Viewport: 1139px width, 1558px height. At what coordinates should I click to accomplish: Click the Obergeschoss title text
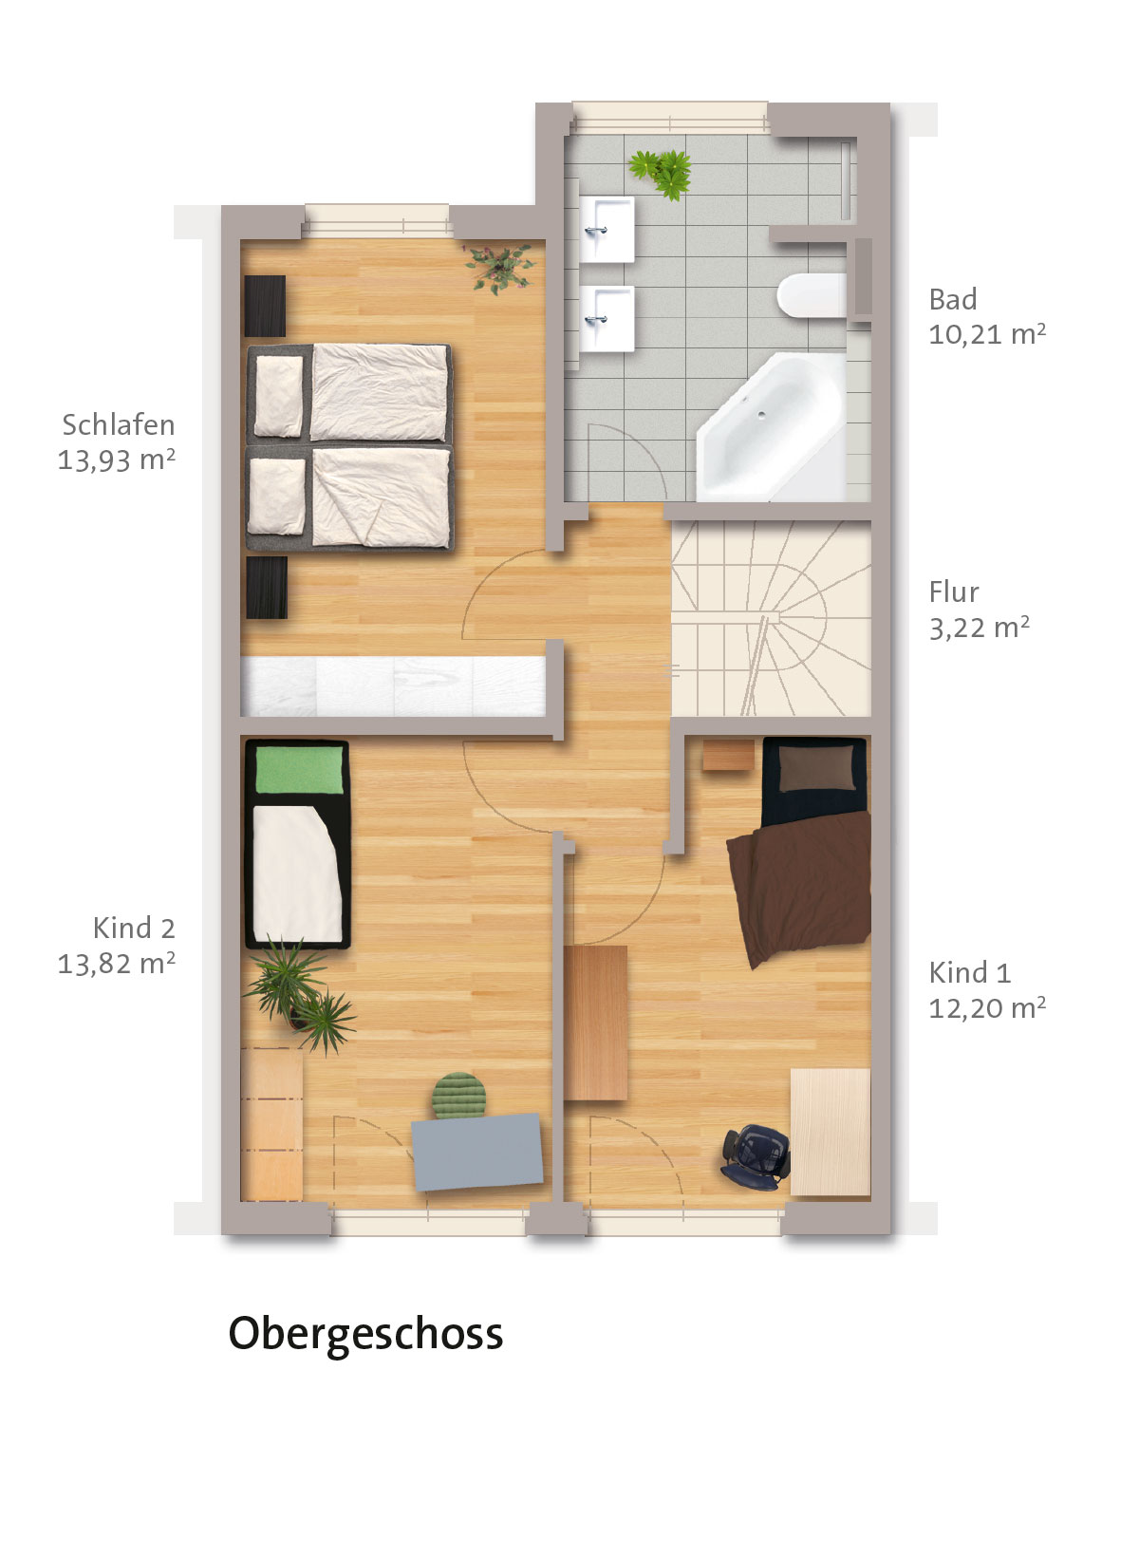(x=365, y=1334)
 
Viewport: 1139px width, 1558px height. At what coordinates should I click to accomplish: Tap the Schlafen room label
(x=119, y=425)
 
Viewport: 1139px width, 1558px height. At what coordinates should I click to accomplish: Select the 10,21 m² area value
(x=987, y=334)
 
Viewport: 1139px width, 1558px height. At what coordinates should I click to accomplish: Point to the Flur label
(x=953, y=591)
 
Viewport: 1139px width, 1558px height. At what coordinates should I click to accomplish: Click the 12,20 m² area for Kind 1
(x=987, y=1008)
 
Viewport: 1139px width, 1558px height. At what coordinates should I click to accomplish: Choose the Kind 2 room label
(x=134, y=928)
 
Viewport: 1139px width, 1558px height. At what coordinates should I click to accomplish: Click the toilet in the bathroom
(x=812, y=295)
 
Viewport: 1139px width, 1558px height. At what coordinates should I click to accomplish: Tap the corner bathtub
(x=771, y=427)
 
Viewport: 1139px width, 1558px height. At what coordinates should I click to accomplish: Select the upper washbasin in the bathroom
(x=607, y=230)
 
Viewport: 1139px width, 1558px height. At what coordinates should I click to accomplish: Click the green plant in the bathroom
(x=661, y=173)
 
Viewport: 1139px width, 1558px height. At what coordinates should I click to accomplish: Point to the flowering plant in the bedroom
(x=500, y=268)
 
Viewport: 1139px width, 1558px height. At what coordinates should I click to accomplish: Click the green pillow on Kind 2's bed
(x=300, y=770)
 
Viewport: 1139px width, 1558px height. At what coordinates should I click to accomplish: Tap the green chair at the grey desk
(x=459, y=1096)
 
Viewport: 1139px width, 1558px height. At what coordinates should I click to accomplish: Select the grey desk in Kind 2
(x=477, y=1152)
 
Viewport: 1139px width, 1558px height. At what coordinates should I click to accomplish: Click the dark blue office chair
(x=756, y=1156)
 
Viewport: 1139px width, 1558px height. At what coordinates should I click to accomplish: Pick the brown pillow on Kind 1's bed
(x=817, y=768)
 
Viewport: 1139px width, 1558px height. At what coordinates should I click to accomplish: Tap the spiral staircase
(x=771, y=618)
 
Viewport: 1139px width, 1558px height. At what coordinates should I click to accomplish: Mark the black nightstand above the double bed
(x=265, y=306)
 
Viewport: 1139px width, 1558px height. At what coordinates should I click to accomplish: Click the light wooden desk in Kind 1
(x=831, y=1133)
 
